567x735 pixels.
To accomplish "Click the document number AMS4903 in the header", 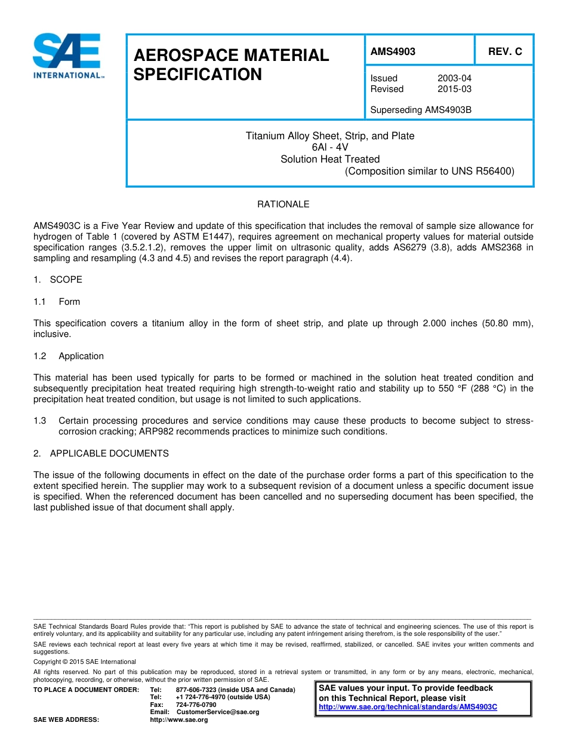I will click(393, 51).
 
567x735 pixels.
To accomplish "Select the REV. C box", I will click(504, 51).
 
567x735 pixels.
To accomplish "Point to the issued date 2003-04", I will click(454, 78).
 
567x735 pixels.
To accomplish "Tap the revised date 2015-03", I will click(454, 89).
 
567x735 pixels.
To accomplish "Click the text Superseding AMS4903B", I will click(421, 110).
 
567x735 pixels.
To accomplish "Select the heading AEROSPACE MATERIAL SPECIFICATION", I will click(230, 65).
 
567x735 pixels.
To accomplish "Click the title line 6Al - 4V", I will click(329, 148).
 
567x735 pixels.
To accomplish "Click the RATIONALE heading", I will click(283, 204).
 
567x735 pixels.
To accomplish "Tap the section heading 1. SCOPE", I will click(58, 280).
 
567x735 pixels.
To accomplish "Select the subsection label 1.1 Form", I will click(57, 302).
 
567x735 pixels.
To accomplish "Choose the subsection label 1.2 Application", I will click(69, 356).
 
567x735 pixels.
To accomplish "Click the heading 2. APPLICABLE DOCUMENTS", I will click(101, 454).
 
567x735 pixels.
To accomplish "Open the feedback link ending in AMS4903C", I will click(408, 707).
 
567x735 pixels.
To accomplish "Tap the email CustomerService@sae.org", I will click(218, 712).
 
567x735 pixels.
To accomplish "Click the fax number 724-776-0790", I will click(196, 705).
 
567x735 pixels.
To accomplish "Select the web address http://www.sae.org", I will click(178, 720).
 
